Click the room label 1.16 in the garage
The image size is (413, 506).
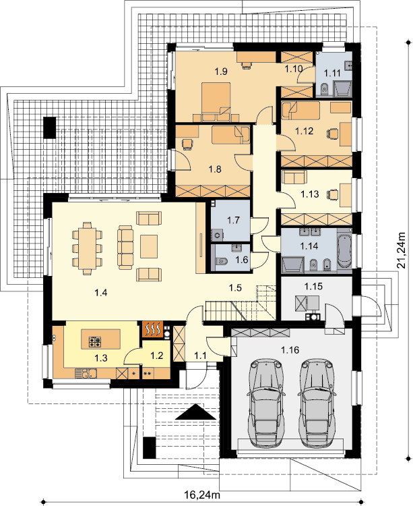pos(290,349)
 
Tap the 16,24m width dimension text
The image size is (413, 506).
pos(202,495)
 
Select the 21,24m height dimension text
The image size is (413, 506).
pos(401,250)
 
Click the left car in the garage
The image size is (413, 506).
pos(266,403)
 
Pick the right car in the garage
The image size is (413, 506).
pos(317,403)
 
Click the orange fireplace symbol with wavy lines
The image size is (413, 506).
pos(153,329)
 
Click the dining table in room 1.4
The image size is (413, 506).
pos(87,248)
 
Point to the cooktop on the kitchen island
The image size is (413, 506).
pos(95,342)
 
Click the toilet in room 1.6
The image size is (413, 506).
pos(221,260)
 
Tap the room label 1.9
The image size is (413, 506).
pos(221,72)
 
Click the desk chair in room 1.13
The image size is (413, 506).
pos(333,194)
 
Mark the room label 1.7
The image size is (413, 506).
pos(233,221)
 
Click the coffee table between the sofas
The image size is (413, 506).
pos(149,246)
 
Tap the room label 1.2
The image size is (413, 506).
pos(156,356)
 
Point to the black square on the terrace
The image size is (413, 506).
pos(49,128)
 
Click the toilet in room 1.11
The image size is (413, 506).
pos(325,88)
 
